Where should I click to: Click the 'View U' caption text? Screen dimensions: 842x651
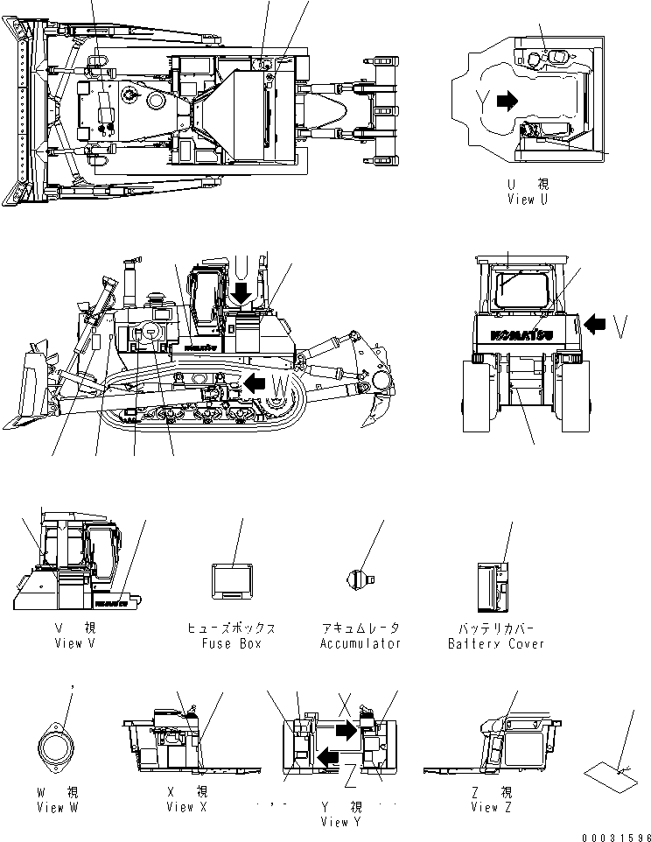528,200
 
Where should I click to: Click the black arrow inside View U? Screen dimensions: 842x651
506,102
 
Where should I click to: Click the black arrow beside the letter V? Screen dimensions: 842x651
595,325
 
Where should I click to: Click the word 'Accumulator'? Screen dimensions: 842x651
360,643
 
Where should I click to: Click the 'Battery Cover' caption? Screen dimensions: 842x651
495,643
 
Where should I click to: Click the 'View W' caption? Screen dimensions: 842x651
57,807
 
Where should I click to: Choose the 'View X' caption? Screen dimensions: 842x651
186,807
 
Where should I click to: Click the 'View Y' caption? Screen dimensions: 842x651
340,822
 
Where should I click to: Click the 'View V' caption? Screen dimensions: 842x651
68,643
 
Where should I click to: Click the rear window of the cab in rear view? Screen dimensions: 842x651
522,289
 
